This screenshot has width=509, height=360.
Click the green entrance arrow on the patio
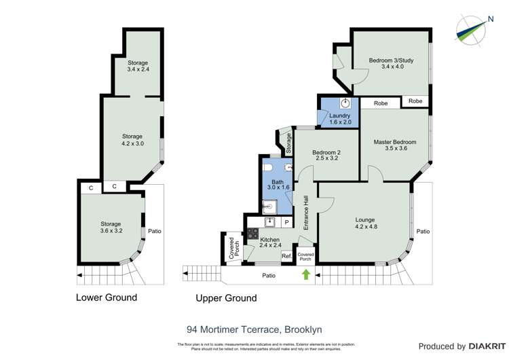coord(305,274)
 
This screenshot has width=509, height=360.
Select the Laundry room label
coord(340,119)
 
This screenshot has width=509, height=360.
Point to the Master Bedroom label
coord(395,145)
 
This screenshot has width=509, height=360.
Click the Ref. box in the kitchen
coord(286,256)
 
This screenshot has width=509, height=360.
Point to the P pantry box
coord(286,222)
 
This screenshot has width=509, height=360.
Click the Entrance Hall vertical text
coord(306,213)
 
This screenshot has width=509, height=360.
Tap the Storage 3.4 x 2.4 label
coord(137,66)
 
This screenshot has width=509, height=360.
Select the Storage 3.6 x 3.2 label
coord(111,228)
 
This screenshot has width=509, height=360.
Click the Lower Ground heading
coord(107,298)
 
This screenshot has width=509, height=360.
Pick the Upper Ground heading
coord(226,298)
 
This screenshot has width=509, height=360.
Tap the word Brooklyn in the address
coord(303,329)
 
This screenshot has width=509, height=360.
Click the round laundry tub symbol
coord(346,104)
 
